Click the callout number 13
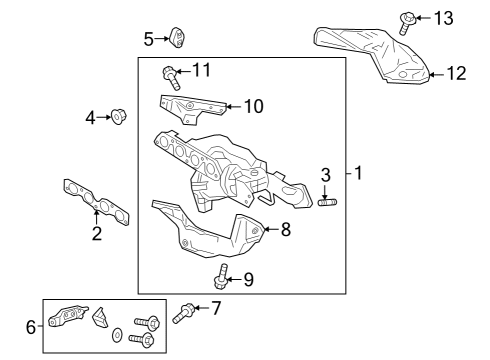[444, 18]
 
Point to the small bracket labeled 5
[178, 38]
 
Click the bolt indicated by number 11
[171, 77]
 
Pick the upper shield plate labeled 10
[192, 108]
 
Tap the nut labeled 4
[118, 117]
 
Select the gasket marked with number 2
[96, 202]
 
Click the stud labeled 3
[328, 202]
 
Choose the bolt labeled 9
[222, 276]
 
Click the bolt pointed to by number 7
[183, 313]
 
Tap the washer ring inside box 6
[117, 335]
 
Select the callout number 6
[31, 327]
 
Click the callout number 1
[358, 173]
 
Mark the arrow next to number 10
[234, 107]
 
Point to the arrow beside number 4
[104, 117]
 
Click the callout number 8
[286, 229]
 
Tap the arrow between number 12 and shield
[436, 74]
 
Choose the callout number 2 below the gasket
[97, 233]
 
